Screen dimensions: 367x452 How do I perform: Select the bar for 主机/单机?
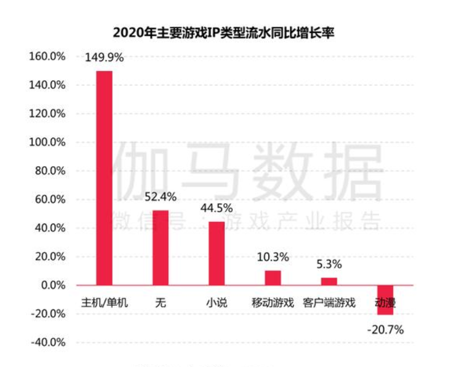pos(104,178)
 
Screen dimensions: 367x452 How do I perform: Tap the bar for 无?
pos(161,248)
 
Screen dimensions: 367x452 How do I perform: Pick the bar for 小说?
pos(216,253)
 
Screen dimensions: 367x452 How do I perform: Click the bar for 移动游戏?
pos(273,278)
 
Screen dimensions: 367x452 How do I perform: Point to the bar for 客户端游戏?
pos(329,281)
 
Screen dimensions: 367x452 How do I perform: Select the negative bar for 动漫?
pos(385,299)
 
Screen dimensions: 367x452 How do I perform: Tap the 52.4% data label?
pos(161,197)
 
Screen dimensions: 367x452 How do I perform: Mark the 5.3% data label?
pos(329,264)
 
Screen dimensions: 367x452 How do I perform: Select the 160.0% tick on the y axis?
pos(48,56)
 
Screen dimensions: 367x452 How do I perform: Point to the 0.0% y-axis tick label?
pos(52,285)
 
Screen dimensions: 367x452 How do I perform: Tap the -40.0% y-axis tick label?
pos(48,343)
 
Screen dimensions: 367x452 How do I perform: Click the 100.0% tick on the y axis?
pos(48,142)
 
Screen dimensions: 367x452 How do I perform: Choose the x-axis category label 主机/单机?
pos(104,303)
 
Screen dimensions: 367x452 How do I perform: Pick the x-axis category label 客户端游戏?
pos(329,303)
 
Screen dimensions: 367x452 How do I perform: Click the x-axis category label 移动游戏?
pos(273,303)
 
